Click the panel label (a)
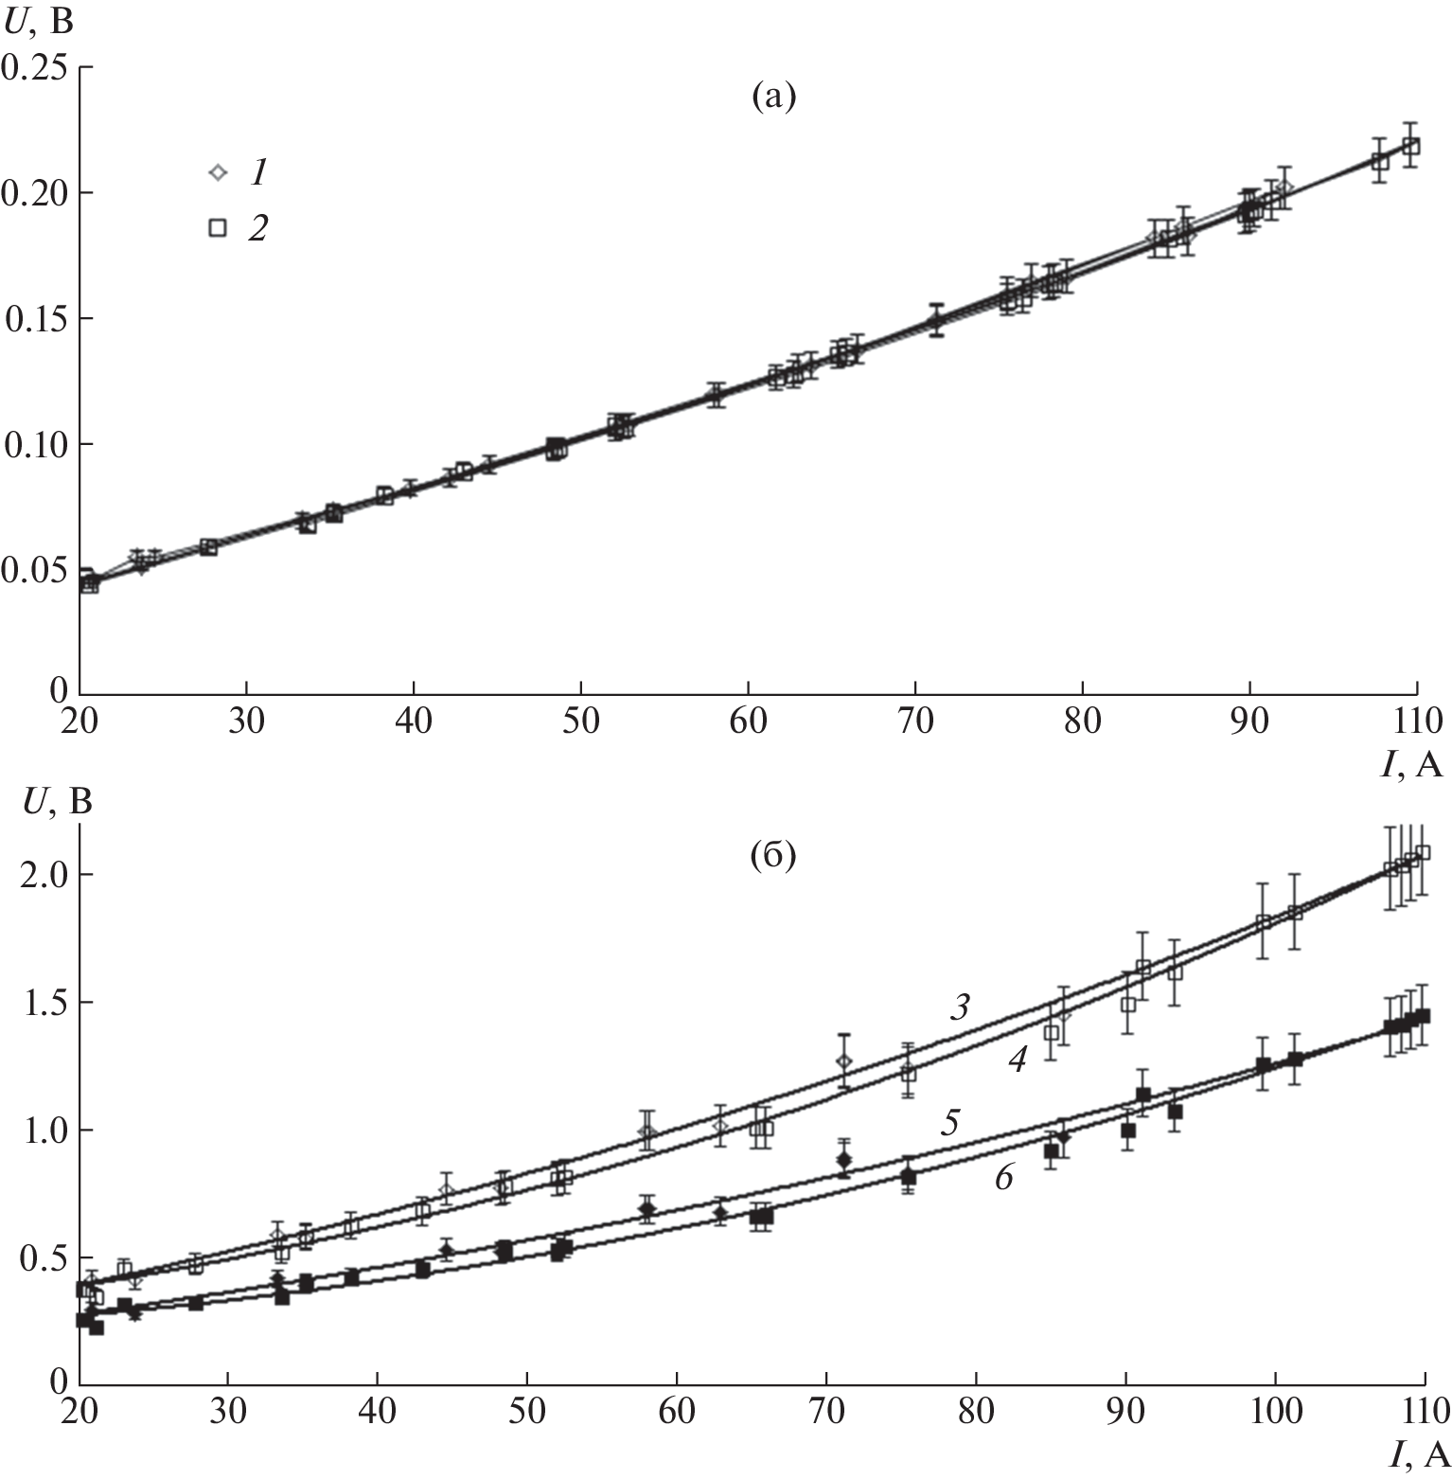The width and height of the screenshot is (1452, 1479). point(773,96)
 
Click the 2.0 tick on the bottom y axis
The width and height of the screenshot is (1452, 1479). point(43,875)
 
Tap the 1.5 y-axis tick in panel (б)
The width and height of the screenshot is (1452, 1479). point(43,1003)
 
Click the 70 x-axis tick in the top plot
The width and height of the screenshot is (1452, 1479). point(915,720)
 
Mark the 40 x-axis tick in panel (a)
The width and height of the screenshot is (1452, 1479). point(414,720)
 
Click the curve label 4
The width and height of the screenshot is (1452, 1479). point(1017,1062)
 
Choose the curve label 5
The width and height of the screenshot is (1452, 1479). point(950,1124)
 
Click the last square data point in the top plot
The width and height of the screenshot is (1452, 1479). point(1410,147)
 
